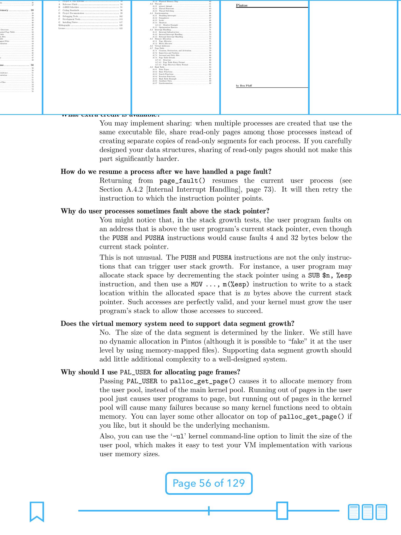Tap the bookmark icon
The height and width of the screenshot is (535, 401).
click(x=37, y=511)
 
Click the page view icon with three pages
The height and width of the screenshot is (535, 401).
click(x=367, y=512)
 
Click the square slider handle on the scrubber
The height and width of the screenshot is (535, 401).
click(x=282, y=510)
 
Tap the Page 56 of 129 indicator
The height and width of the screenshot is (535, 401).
click(x=209, y=483)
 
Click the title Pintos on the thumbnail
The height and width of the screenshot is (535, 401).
click(x=241, y=5)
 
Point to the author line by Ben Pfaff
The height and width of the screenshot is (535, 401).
click(x=244, y=86)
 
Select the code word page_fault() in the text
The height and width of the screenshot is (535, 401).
click(x=182, y=181)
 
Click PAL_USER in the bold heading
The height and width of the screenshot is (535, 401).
click(x=135, y=372)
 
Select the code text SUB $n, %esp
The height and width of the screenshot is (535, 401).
click(x=330, y=275)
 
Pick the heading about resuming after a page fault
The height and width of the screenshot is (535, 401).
click(x=166, y=172)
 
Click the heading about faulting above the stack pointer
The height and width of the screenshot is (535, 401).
click(x=165, y=211)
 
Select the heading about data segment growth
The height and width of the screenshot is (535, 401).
click(x=178, y=324)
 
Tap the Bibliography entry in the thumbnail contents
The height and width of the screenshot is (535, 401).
click(x=64, y=25)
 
